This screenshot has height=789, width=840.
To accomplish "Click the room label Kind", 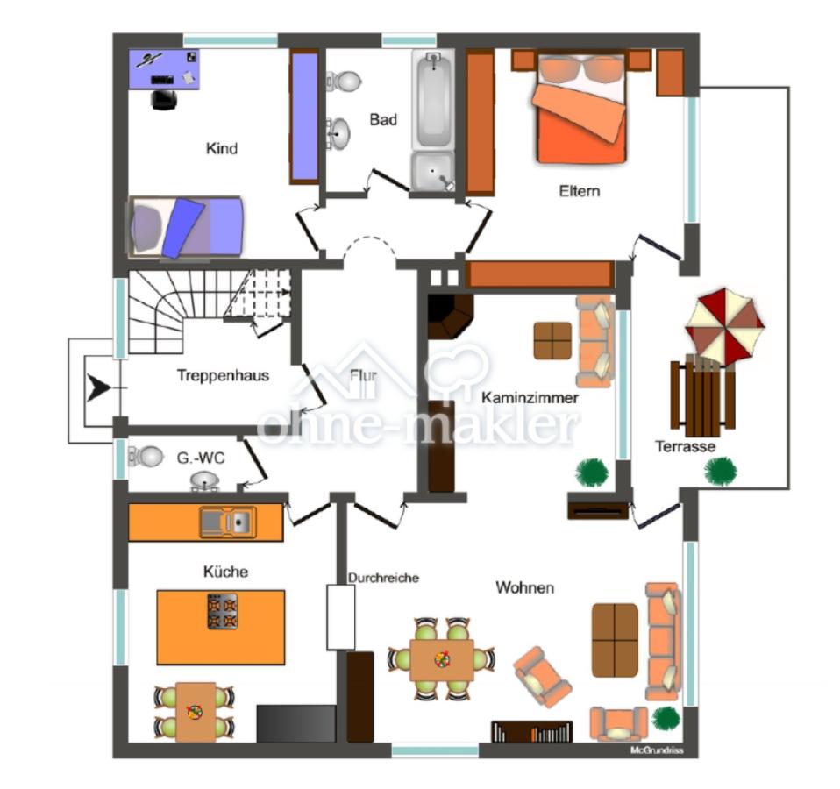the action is point(221,148).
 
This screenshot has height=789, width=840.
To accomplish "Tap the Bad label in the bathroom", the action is point(383,119).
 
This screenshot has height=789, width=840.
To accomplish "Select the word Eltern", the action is point(579,191).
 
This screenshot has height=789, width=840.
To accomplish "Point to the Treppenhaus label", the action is point(223,375).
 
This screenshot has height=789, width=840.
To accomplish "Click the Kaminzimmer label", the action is point(530,397).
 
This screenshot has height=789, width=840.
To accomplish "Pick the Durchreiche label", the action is point(383,578).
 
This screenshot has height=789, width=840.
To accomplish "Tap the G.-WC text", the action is point(201,458).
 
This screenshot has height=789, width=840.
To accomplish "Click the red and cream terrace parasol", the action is point(724,325).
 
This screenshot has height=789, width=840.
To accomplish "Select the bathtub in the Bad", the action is point(433,98).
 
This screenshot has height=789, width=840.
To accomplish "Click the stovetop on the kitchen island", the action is point(223,611).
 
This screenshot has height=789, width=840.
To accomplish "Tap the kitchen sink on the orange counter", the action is point(228,522).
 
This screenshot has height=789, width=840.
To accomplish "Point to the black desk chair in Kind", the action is point(164,100).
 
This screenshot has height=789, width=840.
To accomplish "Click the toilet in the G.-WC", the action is point(146,457).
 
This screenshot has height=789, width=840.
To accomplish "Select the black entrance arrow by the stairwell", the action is point(98,387).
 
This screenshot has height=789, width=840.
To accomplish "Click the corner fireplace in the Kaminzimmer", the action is point(450,316).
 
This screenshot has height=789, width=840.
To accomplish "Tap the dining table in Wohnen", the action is point(441,659).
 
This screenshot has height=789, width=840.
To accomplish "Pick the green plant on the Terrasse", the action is point(720,472).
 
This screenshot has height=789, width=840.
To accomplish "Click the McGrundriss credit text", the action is point(657,750).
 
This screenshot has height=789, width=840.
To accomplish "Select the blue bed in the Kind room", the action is point(184,227).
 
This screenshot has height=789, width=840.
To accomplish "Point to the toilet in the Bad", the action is point(344,81).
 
